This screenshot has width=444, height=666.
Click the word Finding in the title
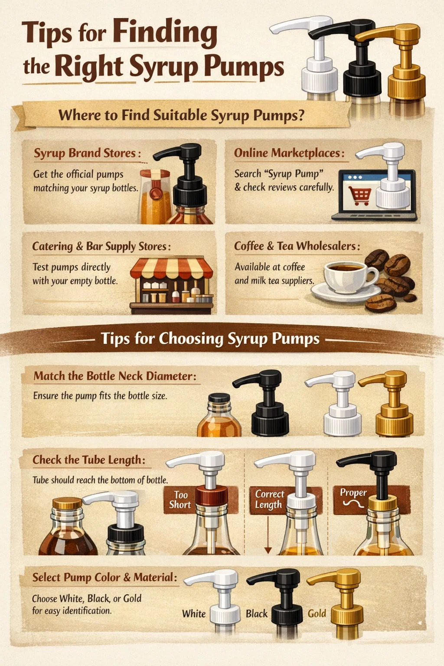(165, 33)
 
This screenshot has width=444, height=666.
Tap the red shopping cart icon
(359, 196)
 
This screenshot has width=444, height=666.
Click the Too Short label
(180, 499)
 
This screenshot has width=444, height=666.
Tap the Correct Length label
(269, 499)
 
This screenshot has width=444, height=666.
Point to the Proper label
(353, 493)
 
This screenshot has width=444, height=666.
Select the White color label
(194, 614)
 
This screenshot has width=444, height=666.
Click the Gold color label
(317, 614)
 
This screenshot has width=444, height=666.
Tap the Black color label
(257, 614)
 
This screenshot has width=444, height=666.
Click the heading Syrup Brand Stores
(87, 153)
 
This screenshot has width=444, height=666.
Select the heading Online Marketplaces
(289, 153)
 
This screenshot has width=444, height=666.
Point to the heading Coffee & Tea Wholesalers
(297, 246)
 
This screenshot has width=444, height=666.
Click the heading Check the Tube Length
(89, 460)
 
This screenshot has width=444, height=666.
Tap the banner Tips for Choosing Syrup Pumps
(210, 338)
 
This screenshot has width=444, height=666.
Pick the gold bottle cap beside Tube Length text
(67, 503)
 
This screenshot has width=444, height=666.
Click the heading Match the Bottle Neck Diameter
(115, 376)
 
